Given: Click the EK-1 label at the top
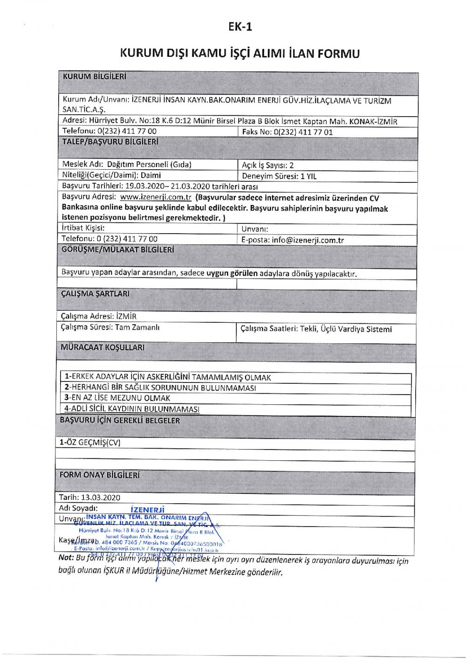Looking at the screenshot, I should point(240,27).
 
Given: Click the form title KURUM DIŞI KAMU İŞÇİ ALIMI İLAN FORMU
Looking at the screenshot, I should point(240,54).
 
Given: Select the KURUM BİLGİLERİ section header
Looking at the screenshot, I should point(94,76).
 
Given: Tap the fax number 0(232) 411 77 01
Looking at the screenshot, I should point(303,132).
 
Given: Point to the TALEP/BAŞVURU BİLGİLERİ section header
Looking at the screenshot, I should point(110,141).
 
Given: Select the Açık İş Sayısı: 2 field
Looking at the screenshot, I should point(268,165).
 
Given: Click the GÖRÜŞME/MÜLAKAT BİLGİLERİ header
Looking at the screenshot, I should point(117,250).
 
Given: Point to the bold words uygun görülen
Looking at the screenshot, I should point(232,273).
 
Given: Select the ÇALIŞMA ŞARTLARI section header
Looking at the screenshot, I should point(95,294).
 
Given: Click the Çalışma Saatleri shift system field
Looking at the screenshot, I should point(316,329).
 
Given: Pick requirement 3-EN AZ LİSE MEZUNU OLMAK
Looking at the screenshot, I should point(117,398).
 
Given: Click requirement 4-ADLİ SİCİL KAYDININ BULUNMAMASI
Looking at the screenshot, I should point(132,409).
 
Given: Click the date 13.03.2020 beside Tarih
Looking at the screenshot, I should point(101,498).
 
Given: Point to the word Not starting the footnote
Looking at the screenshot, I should point(66,558).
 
